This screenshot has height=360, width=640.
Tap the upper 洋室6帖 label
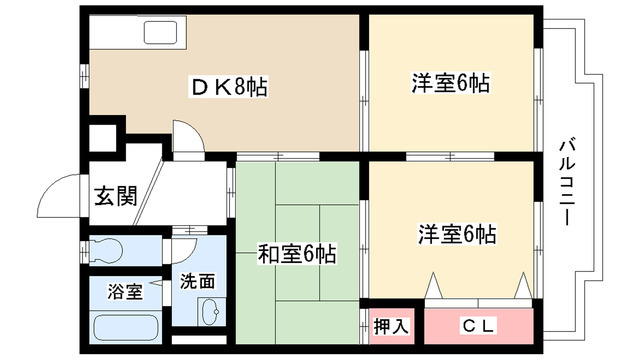[450, 84]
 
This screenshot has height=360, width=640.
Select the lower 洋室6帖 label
[457, 235]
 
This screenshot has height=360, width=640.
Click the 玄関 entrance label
[115, 194]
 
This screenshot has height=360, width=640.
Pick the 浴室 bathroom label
[125, 292]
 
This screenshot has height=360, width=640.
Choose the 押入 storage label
[391, 325]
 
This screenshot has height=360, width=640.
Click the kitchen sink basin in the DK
[160, 33]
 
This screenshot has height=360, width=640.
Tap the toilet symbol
[105, 248]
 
